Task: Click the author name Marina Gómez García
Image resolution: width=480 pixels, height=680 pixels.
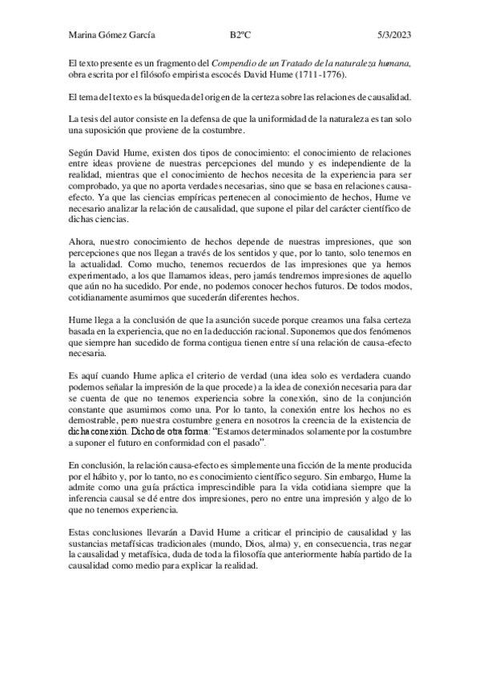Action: click(112, 34)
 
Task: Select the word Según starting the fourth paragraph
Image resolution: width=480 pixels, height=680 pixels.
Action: click(83, 152)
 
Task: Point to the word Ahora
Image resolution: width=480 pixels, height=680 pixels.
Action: click(83, 239)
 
